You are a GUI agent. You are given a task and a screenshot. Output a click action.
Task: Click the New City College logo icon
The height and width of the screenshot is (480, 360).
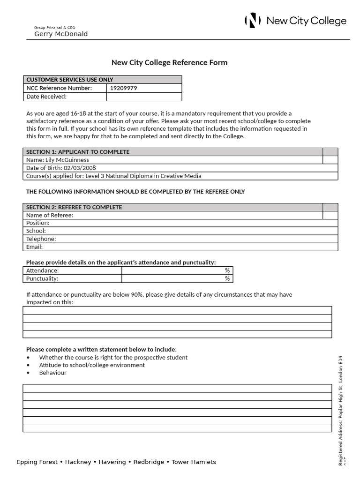coord(253,21)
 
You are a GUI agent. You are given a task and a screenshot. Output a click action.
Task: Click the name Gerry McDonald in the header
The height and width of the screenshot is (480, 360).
coord(61,34)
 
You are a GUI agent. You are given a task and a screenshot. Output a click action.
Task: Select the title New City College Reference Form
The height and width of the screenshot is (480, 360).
coord(169,63)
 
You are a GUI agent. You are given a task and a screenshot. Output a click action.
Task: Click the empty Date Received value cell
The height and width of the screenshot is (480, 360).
coord(144,97)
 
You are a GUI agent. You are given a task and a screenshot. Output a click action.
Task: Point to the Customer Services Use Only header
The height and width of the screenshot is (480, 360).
coord(69,80)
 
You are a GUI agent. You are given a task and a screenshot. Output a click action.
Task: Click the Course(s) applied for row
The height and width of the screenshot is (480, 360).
coord(114,176)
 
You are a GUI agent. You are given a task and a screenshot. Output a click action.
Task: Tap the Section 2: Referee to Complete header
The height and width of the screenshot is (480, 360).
coord(74,207)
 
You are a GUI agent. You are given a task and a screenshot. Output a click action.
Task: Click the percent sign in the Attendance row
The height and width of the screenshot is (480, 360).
coord(227,270)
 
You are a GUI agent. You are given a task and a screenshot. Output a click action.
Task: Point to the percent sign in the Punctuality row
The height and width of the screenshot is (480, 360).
coord(227,278)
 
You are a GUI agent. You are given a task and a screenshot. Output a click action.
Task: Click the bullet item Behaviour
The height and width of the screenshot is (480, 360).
coord(53,373)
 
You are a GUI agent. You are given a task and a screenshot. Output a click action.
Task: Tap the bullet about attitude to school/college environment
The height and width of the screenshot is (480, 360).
coord(92,365)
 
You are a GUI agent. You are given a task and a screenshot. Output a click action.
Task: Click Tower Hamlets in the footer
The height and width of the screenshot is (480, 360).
coord(194,462)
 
